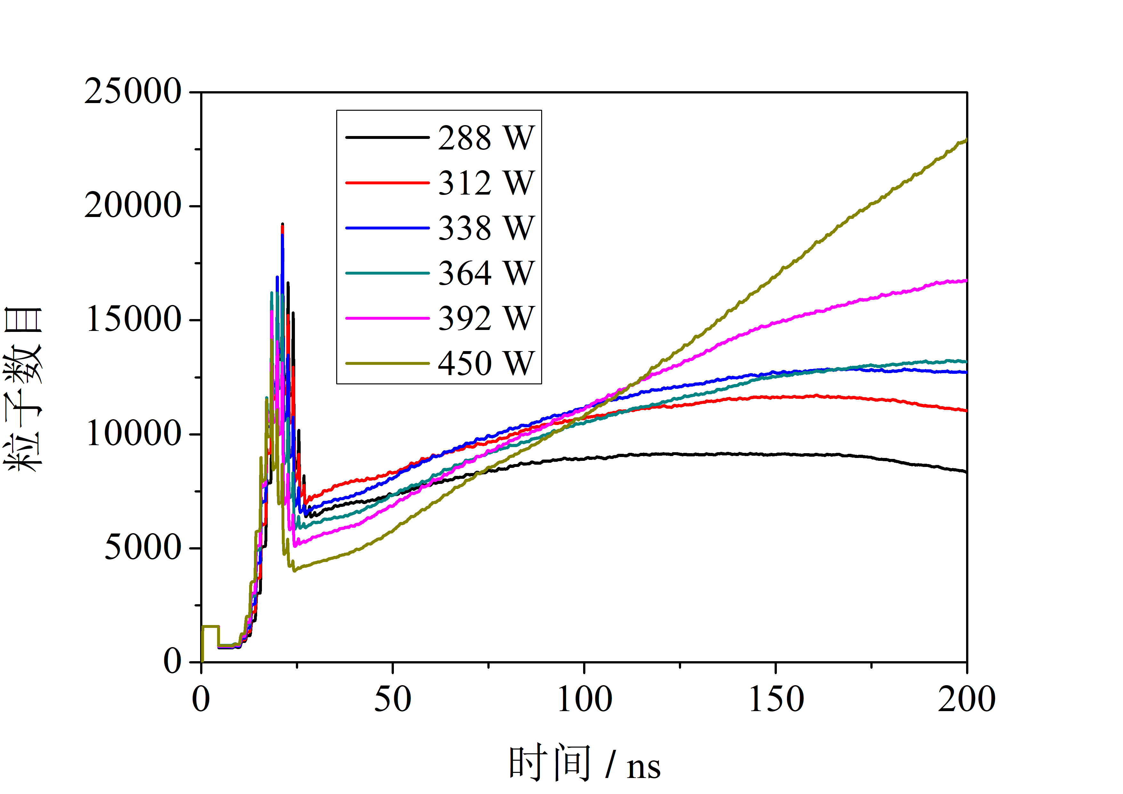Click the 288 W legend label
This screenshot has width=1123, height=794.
486,138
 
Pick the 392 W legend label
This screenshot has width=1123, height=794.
486,318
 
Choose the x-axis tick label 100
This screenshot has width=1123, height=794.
584,700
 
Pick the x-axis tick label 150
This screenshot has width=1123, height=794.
776,700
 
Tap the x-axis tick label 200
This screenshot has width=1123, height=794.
966,700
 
